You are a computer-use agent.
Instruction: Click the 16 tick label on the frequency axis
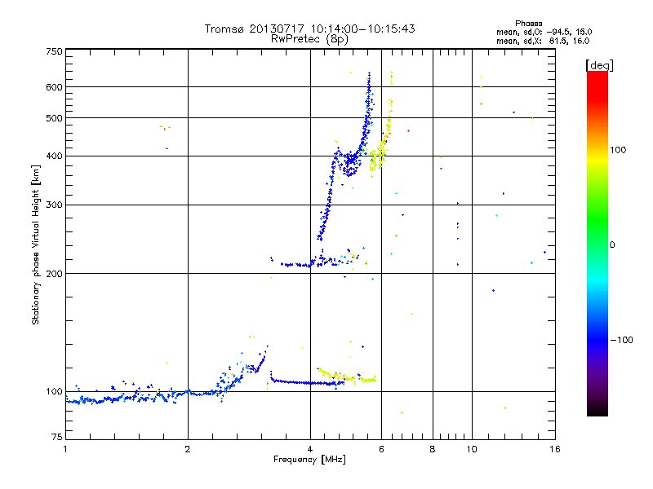(554, 449)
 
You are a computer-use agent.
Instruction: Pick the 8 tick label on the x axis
(433, 449)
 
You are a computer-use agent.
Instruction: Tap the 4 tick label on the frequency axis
(310, 449)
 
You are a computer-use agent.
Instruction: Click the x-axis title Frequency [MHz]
(310, 460)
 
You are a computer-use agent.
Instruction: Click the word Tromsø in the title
(226, 29)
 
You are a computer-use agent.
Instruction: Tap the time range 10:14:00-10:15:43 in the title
(358, 29)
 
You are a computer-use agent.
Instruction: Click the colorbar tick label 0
(614, 244)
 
